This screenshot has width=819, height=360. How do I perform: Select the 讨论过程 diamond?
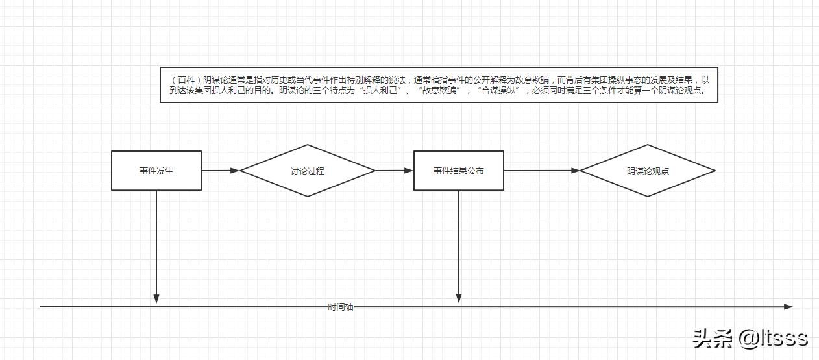(307, 171)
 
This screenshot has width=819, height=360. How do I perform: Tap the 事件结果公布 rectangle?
(459, 171)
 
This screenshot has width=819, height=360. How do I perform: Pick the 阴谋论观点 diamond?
(647, 171)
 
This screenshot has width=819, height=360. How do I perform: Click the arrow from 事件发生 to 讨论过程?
(221, 171)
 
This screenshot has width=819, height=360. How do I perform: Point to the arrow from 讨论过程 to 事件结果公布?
(395, 171)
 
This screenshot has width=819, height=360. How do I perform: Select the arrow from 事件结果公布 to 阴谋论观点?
(542, 171)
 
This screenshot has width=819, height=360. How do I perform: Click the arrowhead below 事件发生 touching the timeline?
(156, 298)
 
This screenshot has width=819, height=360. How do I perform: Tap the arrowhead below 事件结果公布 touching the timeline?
(459, 298)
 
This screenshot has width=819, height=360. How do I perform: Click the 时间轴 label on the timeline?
(341, 307)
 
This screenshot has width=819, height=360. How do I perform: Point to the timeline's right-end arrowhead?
(788, 307)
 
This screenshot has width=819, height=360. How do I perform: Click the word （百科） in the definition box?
(185, 79)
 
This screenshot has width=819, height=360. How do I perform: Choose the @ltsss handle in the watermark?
(773, 338)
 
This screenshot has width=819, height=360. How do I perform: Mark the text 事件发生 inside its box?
(156, 171)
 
